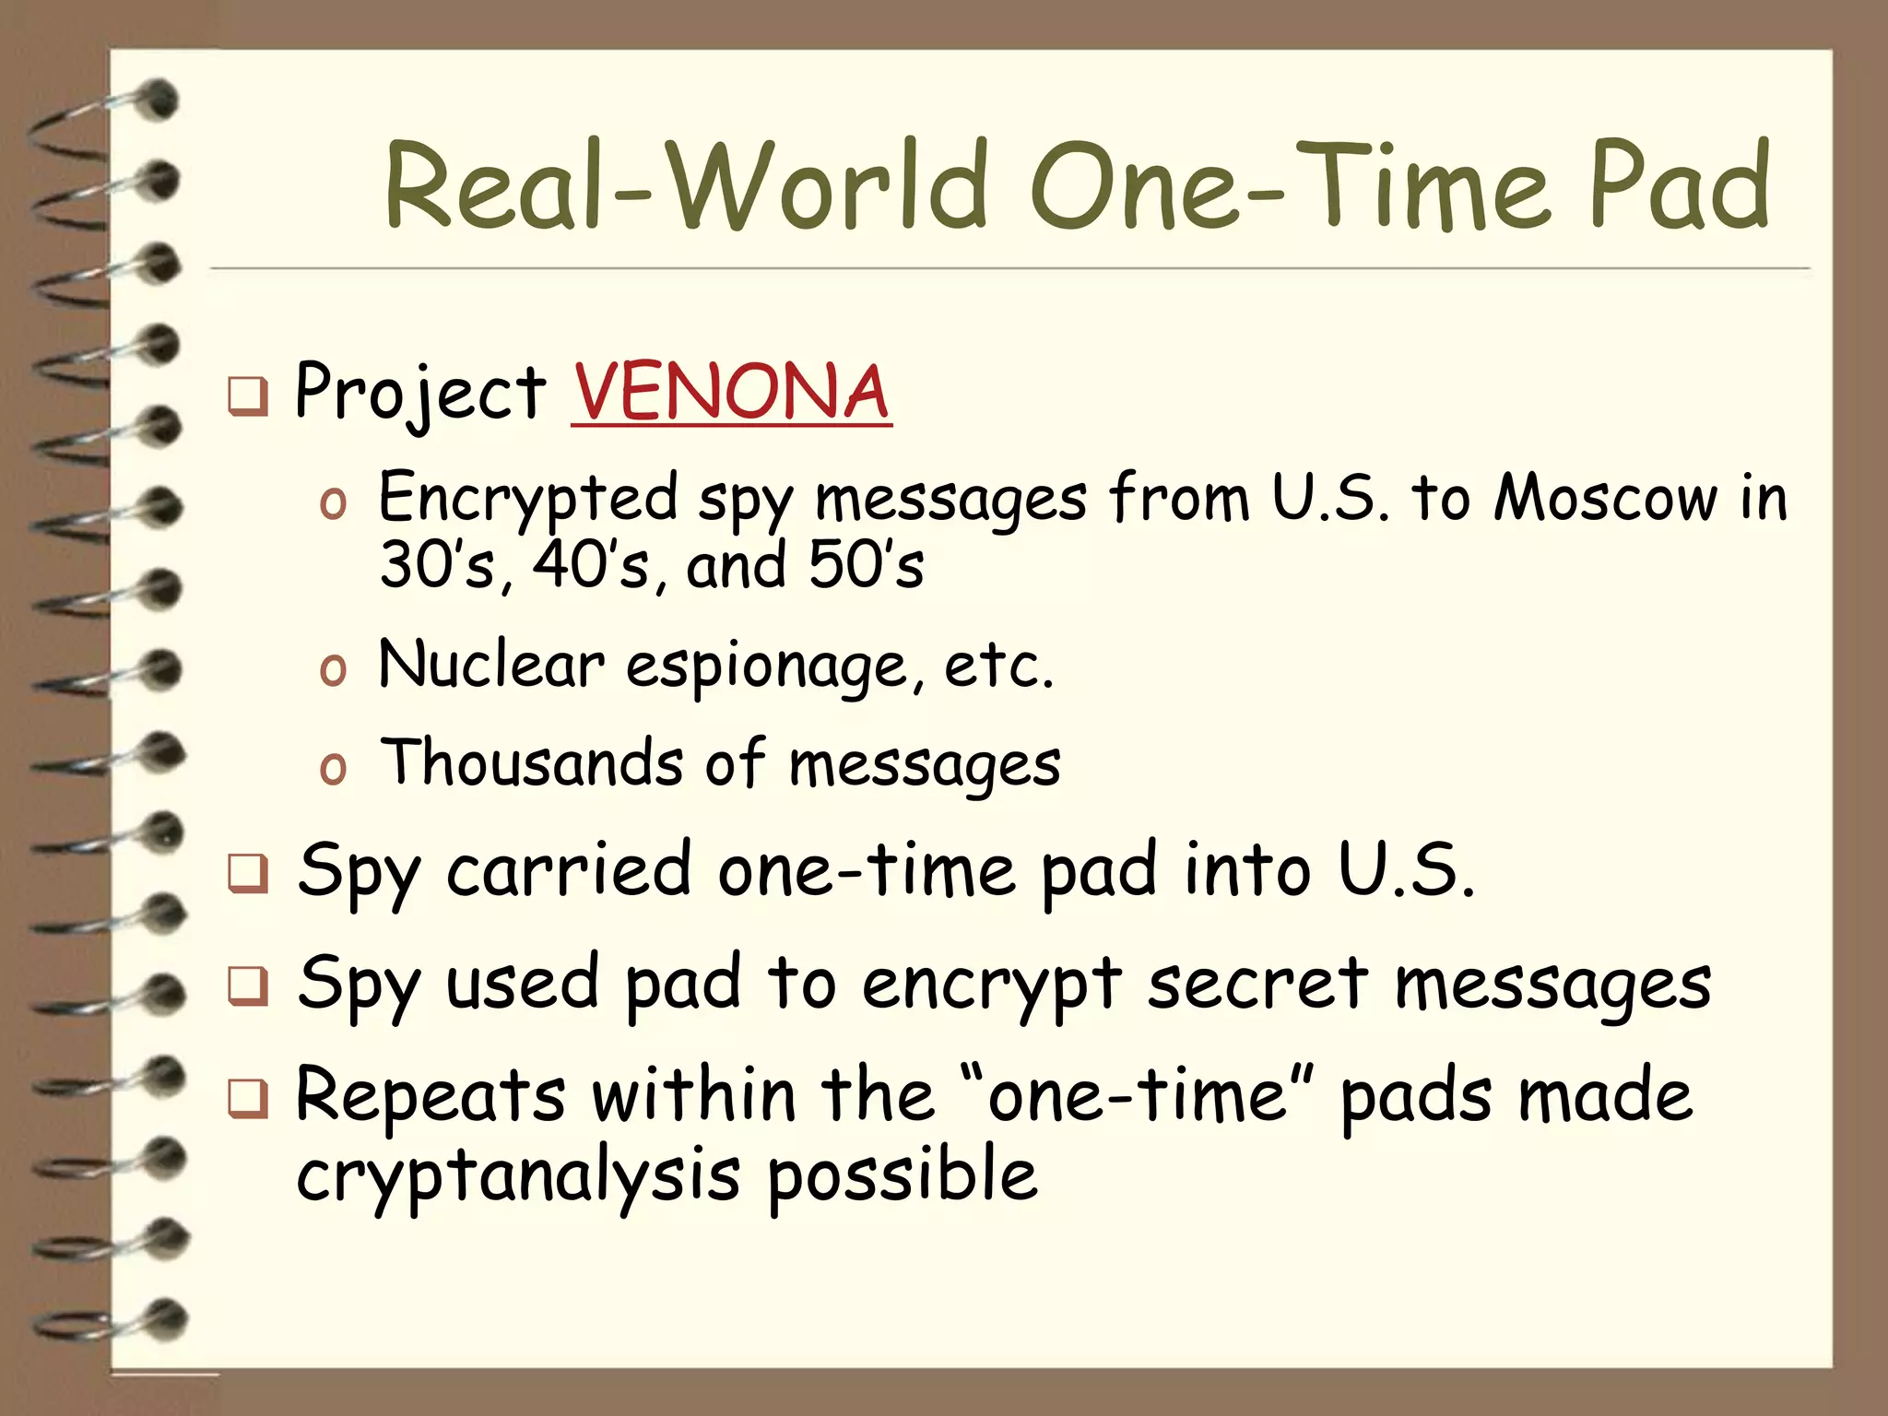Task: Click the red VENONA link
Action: pos(731,392)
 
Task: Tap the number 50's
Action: pos(866,565)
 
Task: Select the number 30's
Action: pos(437,565)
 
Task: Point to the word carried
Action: pos(568,871)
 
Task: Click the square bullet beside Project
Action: pos(248,396)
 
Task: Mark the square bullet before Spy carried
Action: pos(248,874)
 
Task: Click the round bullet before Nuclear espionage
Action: pos(333,670)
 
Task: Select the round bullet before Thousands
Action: pos(333,769)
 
